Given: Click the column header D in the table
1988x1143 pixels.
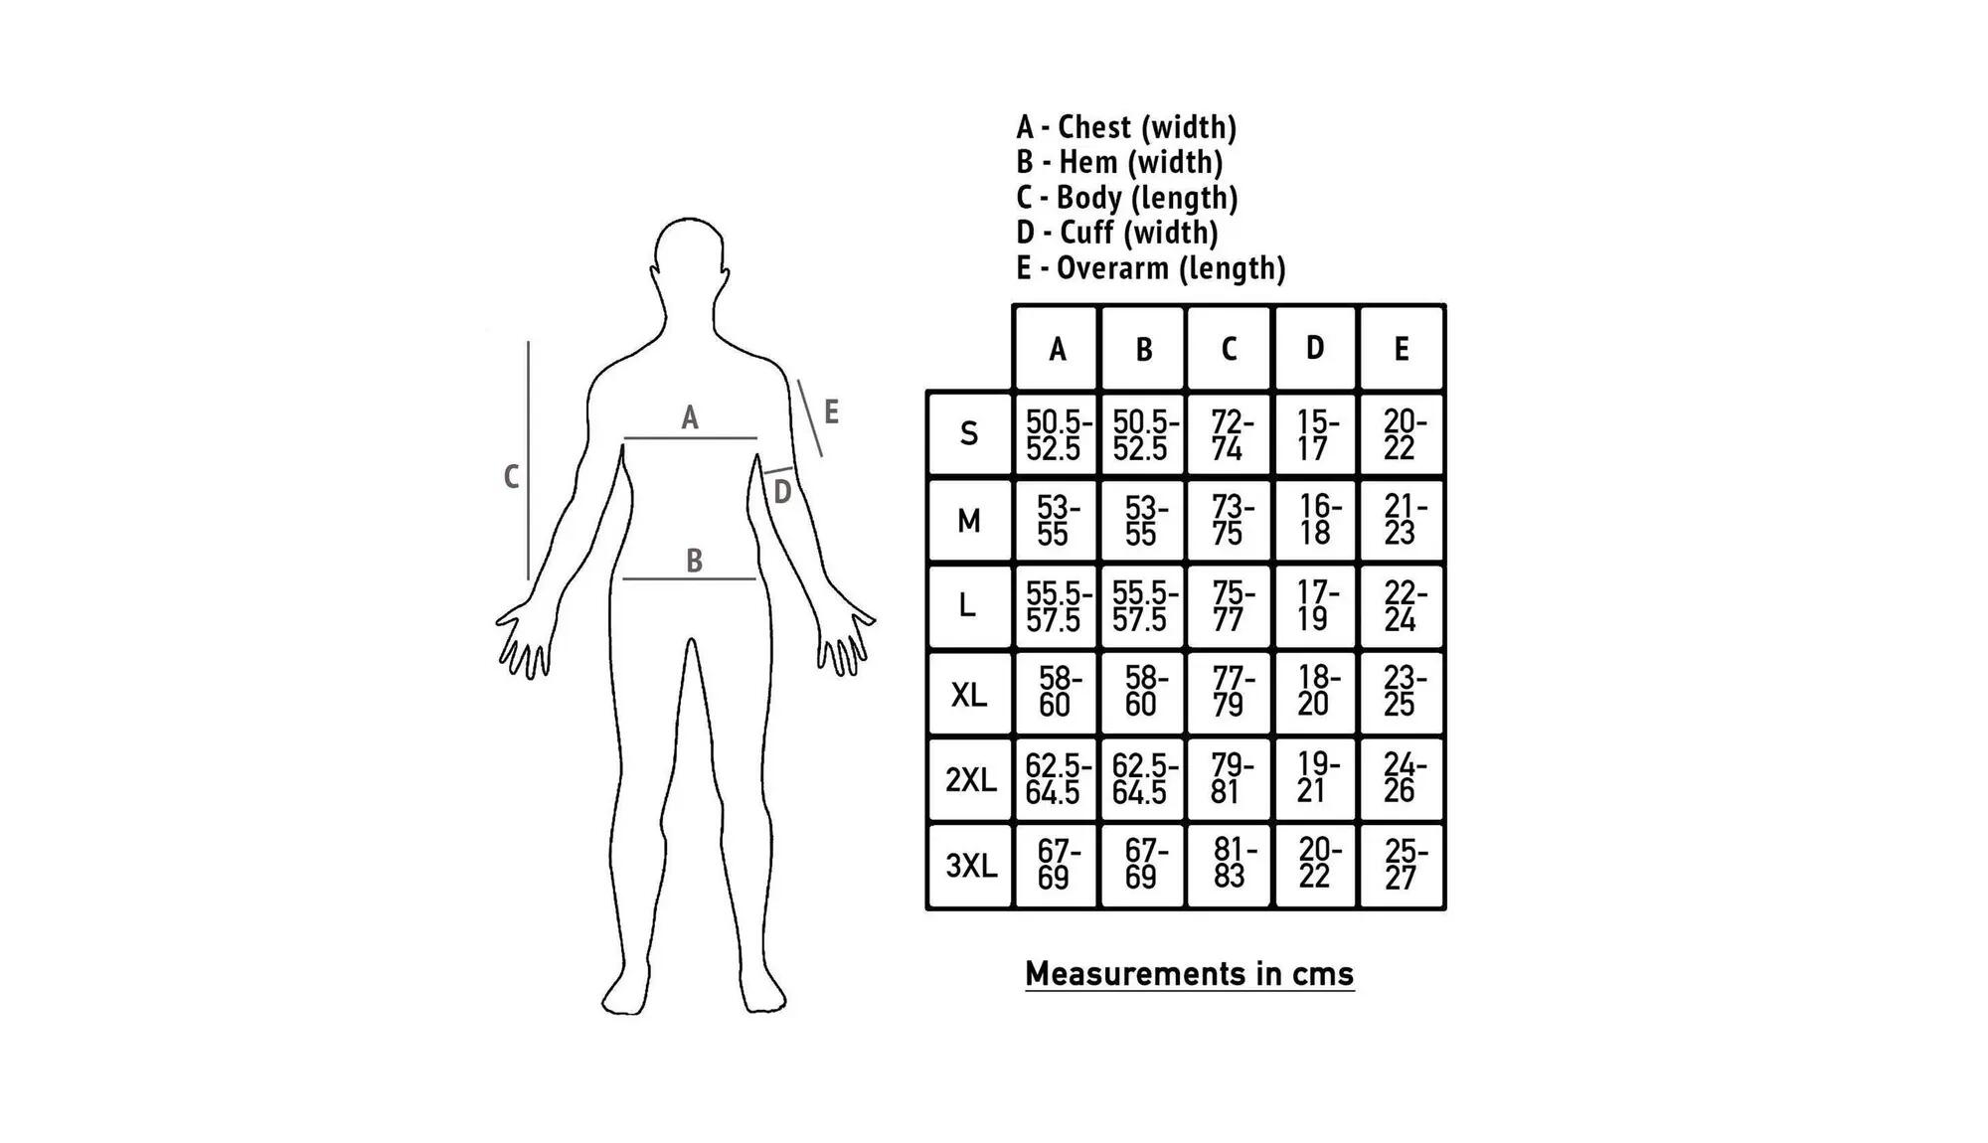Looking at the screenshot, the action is pyautogui.click(x=1314, y=348).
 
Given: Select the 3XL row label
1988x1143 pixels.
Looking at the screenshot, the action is pyautogui.click(x=970, y=866).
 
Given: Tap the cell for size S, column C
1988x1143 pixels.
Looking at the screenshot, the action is pyautogui.click(x=1229, y=434).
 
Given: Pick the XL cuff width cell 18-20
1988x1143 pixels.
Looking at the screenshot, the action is pyautogui.click(x=1314, y=692).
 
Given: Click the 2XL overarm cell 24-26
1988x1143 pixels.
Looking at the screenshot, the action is pyautogui.click(x=1401, y=778).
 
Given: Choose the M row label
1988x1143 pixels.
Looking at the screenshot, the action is pyautogui.click(x=969, y=520).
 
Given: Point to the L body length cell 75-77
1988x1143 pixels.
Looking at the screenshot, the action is pyautogui.click(x=1229, y=606).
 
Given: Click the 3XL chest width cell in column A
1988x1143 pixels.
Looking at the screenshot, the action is pyautogui.click(x=1056, y=865).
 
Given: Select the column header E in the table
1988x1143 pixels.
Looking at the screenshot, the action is pyautogui.click(x=1401, y=348).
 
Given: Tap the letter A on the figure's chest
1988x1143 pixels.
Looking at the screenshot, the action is pyautogui.click(x=690, y=418).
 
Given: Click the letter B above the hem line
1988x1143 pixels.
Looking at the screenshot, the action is pyautogui.click(x=695, y=562).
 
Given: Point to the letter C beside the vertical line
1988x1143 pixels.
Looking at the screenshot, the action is pyautogui.click(x=511, y=477).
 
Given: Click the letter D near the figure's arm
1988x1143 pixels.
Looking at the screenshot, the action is pyautogui.click(x=782, y=492).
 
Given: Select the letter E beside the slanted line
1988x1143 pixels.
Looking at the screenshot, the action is pyautogui.click(x=832, y=411).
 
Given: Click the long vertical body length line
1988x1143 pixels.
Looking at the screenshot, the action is pyautogui.click(x=528, y=460).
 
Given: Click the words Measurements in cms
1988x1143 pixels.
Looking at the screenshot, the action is pyautogui.click(x=1190, y=973).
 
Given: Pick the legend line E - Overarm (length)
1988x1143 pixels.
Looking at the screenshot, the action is pyautogui.click(x=1151, y=268).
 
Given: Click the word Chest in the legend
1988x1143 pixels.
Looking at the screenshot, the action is pyautogui.click(x=1094, y=127).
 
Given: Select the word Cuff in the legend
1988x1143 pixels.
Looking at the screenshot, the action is pyautogui.click(x=1086, y=233).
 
